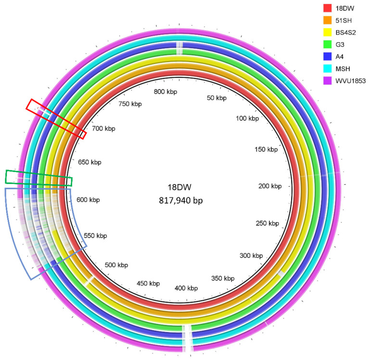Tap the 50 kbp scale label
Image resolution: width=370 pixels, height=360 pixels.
point(216,98)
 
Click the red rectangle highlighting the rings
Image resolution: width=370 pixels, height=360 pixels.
point(56,118)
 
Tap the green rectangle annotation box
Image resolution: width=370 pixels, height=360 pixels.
point(38,178)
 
